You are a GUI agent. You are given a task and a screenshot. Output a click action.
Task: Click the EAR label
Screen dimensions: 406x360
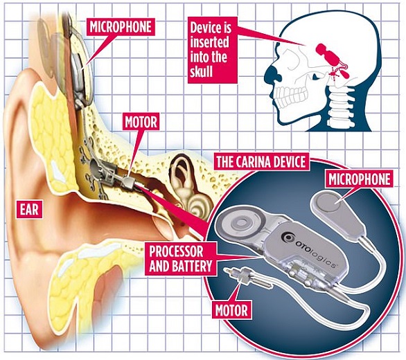[x=29, y=209]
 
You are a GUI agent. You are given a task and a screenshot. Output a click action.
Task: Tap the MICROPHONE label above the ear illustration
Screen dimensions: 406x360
[x=121, y=27]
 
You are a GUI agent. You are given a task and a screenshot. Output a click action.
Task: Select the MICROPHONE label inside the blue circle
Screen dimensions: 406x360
[x=359, y=179]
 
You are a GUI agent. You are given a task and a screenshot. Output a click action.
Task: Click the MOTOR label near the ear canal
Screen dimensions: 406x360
[x=141, y=122]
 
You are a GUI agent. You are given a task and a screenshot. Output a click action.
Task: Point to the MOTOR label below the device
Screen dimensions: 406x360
[x=231, y=310]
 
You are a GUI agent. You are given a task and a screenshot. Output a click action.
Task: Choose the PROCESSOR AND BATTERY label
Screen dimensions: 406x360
[x=180, y=258]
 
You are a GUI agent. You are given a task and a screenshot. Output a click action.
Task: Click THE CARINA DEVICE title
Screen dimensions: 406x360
[x=261, y=161]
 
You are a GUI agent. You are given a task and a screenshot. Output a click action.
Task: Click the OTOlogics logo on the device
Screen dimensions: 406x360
[x=310, y=249]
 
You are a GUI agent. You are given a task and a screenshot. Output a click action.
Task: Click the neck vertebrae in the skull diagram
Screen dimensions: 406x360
[x=339, y=106]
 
